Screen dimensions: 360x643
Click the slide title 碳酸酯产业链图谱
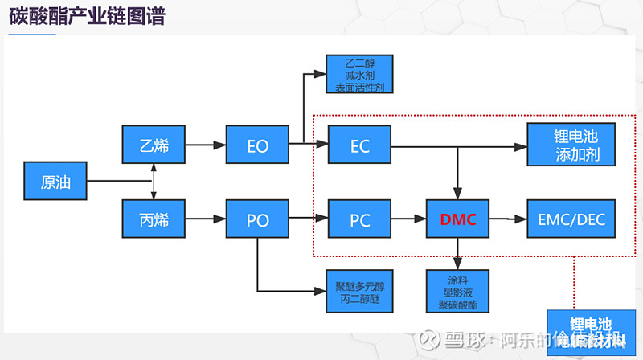(x=87, y=16)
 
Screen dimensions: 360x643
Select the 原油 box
(x=55, y=182)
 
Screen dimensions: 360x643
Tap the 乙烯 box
(x=153, y=145)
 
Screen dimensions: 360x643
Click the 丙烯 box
(x=153, y=219)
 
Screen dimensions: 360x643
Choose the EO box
(x=257, y=145)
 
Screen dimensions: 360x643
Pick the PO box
(x=257, y=219)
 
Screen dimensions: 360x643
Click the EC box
(x=360, y=145)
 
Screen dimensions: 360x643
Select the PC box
(x=360, y=219)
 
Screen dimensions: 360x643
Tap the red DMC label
(x=457, y=219)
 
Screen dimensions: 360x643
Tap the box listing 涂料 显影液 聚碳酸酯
(x=457, y=292)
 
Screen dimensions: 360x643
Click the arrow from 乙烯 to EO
(x=205, y=145)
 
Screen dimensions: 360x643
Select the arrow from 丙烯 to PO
(x=205, y=219)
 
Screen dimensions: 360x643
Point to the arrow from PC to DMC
(x=408, y=219)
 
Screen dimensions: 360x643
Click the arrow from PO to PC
(x=309, y=219)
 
